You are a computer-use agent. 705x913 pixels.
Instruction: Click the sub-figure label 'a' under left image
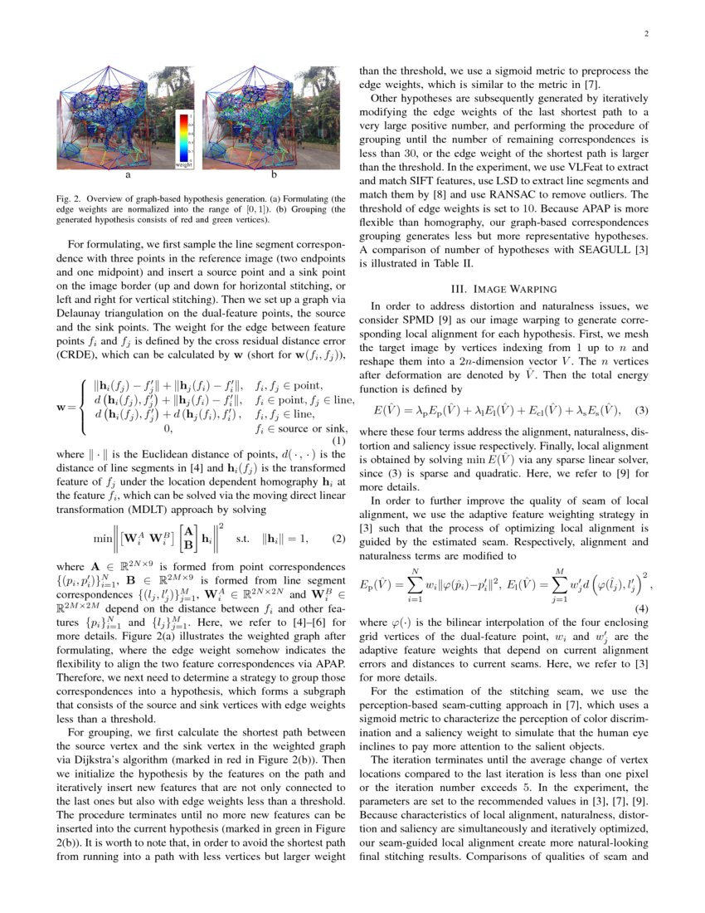click(x=128, y=177)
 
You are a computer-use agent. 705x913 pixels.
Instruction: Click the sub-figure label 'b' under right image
click(x=274, y=177)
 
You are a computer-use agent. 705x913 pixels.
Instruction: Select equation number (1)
click(x=338, y=441)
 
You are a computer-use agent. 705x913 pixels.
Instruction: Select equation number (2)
click(x=338, y=538)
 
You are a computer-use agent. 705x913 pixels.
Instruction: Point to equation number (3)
click(x=642, y=409)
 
